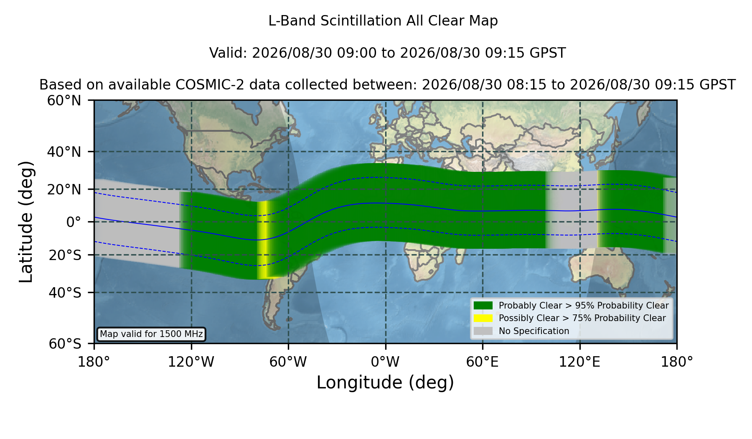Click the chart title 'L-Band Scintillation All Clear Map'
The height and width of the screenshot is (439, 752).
383,21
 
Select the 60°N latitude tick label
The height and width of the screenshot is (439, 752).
64,101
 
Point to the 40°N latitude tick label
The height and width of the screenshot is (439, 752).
64,152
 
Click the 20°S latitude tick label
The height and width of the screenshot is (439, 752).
65,255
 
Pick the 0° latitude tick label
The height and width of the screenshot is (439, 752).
74,222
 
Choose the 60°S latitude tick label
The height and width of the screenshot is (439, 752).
65,344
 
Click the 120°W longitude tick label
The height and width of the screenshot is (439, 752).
191,362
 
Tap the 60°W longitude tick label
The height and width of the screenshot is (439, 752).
288,362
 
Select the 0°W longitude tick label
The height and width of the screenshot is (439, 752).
385,362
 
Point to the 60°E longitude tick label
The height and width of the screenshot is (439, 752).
483,362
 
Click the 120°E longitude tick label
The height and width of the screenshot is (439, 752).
579,362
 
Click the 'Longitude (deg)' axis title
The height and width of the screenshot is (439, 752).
385,383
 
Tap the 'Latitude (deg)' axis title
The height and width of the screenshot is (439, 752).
26,222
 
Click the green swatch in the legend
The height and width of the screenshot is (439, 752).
483,306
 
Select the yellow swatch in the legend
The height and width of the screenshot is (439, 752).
483,318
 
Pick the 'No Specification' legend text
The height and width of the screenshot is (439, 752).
534,331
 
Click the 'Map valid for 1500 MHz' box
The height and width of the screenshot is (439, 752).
151,334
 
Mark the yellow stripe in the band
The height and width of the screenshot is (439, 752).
263,240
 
